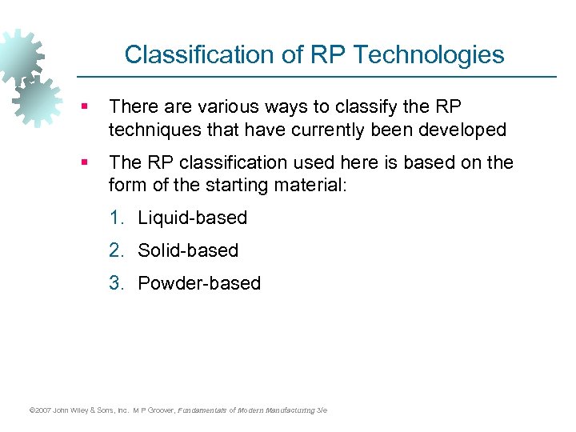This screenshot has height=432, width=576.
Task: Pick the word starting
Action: [x=239, y=185]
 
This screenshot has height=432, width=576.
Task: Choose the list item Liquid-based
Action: [x=192, y=218]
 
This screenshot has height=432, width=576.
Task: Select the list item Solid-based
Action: [x=188, y=250]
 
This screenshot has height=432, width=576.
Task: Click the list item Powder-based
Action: [x=199, y=283]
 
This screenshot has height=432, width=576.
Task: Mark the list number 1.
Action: [x=118, y=218]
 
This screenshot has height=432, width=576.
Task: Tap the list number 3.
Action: [x=118, y=283]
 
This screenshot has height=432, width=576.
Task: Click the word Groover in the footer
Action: [x=160, y=410]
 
